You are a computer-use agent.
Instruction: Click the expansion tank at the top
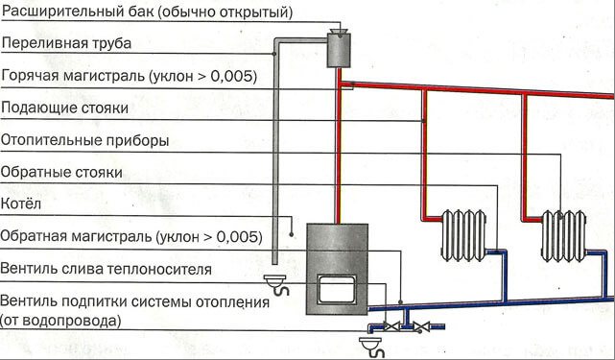[337, 48]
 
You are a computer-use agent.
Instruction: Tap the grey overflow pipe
[273, 154]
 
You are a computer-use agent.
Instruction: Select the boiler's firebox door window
[336, 290]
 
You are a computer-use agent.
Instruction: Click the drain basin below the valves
[371, 343]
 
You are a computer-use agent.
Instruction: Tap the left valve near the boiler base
[389, 326]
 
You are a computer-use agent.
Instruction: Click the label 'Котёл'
[20, 204]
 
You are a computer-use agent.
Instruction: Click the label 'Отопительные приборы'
[85, 140]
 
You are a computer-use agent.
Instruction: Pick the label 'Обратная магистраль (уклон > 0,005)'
[130, 236]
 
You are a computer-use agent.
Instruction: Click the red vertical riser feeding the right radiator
[524, 154]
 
